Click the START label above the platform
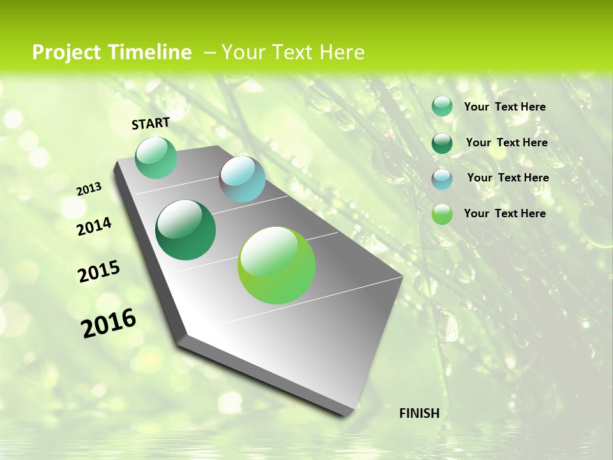(x=151, y=123)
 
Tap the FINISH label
(x=419, y=413)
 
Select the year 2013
(x=89, y=189)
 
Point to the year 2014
(x=94, y=227)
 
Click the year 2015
(x=99, y=272)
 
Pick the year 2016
(x=109, y=323)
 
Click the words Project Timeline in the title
(x=112, y=52)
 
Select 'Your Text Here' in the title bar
(x=292, y=52)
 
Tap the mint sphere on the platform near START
(x=156, y=158)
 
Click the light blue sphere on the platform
(x=243, y=179)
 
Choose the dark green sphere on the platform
(x=185, y=230)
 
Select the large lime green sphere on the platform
(x=276, y=265)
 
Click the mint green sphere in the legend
(x=442, y=107)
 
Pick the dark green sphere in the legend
(x=442, y=143)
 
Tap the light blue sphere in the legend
(x=442, y=179)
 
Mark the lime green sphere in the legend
(x=442, y=214)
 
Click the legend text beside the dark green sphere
(x=506, y=142)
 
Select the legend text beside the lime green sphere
(x=504, y=213)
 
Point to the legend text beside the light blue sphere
(x=508, y=178)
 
